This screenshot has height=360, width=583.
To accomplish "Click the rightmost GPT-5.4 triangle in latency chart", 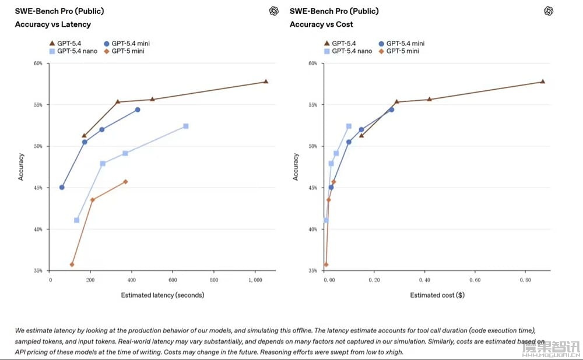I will tap(266, 82).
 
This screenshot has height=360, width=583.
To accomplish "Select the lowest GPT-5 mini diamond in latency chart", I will tap(72, 264).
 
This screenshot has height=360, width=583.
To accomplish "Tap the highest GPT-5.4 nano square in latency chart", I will tap(185, 126).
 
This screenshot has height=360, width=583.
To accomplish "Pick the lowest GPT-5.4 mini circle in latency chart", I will tap(62, 187).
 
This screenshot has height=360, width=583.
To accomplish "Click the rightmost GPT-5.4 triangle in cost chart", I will tap(542, 82).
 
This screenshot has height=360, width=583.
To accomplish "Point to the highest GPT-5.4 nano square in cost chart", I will tap(349, 126).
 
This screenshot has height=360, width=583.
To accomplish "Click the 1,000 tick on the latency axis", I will tap(254, 280).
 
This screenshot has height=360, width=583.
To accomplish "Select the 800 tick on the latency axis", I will tap(213, 280).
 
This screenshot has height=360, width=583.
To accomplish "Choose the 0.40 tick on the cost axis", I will tap(426, 280).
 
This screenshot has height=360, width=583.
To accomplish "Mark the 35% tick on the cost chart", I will tap(314, 271).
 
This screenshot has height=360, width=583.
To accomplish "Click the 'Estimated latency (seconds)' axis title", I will tap(162, 295).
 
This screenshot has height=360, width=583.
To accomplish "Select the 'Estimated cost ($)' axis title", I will tap(437, 295).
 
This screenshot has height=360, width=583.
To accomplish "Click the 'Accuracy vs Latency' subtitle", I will tap(52, 24).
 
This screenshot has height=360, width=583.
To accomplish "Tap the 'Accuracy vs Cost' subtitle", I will tap(321, 24).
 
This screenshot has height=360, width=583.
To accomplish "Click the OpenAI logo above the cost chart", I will tap(549, 11).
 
